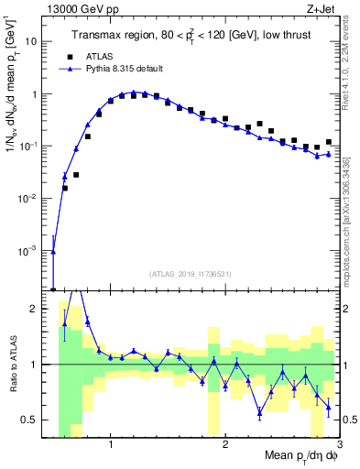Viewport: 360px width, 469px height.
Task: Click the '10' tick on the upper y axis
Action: [x=38, y=41]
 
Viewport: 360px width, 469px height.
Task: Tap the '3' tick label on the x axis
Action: [x=339, y=444]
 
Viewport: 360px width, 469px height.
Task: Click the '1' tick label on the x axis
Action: [x=111, y=444]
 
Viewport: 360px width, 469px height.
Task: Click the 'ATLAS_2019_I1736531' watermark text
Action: [x=189, y=274]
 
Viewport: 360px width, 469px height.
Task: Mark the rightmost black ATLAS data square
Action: [x=328, y=142]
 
